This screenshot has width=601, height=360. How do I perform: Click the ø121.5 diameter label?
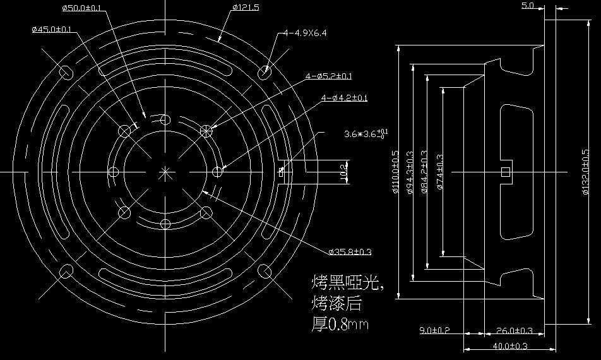point(246,7)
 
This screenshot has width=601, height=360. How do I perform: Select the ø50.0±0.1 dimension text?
point(82,8)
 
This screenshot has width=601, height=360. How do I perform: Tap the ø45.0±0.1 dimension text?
point(51,29)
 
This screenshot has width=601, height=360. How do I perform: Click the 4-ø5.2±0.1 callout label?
point(328,76)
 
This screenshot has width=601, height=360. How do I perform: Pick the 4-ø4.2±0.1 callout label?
point(344,98)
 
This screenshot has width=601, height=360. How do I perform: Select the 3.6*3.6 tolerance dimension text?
point(366,134)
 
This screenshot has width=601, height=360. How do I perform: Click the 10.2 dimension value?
point(343,171)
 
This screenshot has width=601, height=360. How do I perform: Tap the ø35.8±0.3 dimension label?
point(350,252)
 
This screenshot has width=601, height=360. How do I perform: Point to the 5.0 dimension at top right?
point(528,6)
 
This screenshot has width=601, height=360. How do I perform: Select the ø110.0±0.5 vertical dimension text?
point(396,172)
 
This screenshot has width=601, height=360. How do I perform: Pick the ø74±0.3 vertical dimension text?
point(439,172)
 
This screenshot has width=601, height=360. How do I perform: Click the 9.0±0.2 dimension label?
point(434,330)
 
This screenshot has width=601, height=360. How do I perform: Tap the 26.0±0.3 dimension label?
point(515,330)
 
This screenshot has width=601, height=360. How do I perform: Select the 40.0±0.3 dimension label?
point(509,347)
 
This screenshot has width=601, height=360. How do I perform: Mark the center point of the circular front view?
point(165,171)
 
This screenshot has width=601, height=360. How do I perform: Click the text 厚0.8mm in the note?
point(341,325)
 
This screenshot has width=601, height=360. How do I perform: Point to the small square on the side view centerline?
point(504,172)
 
